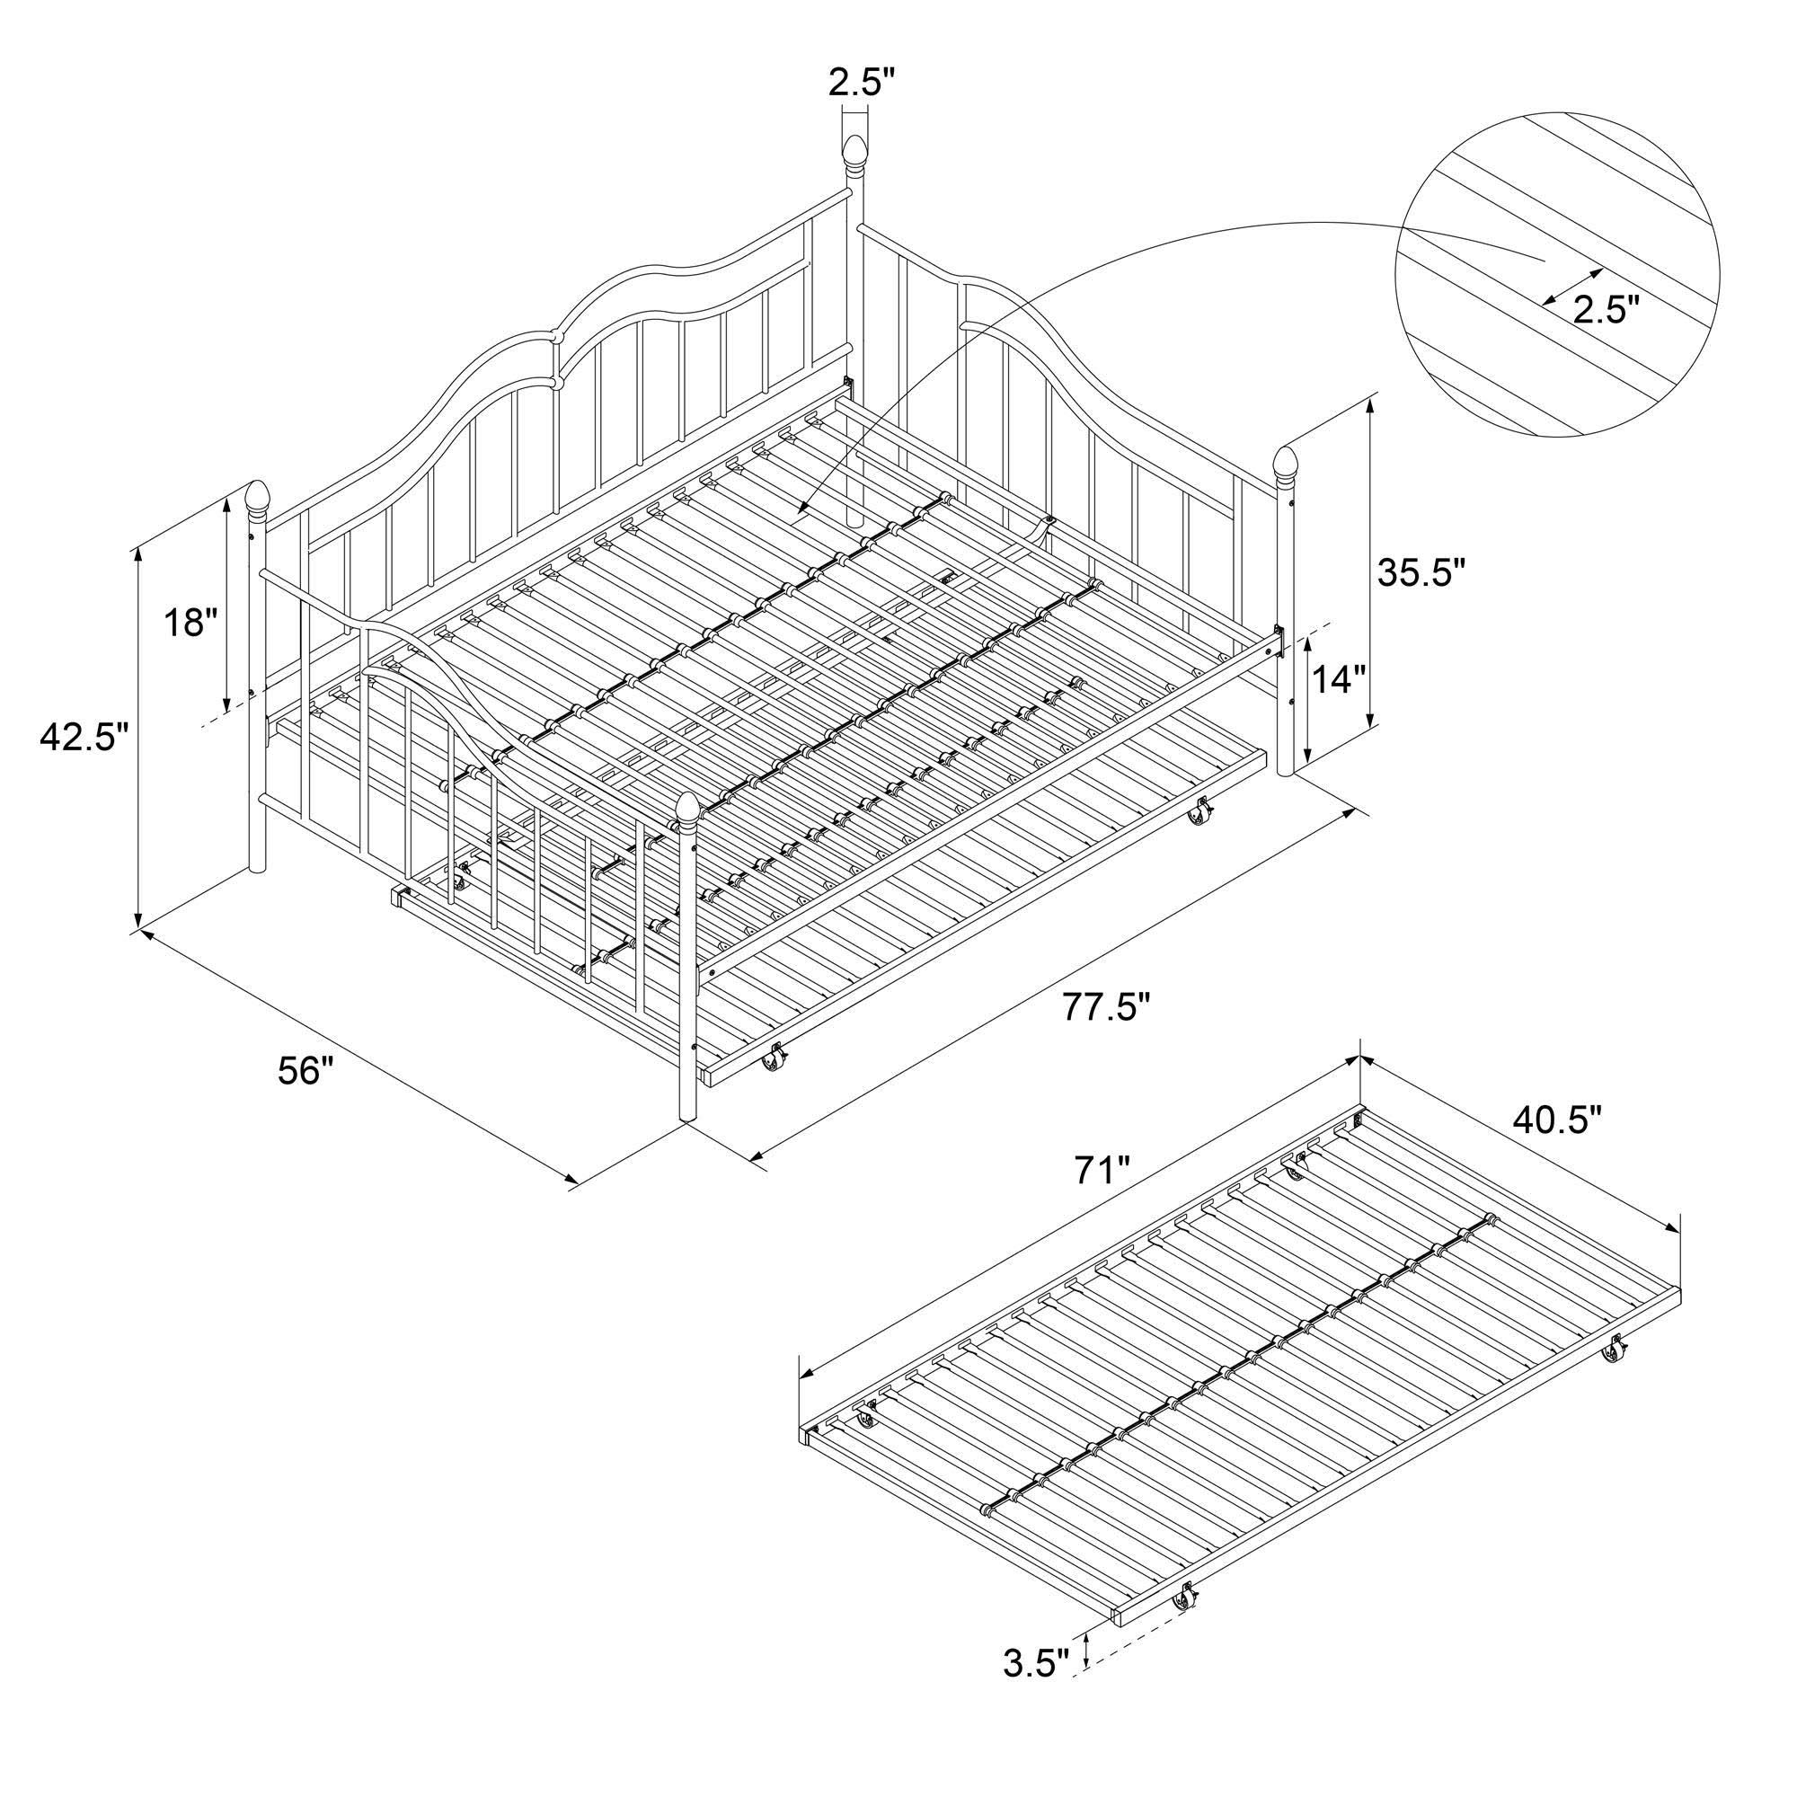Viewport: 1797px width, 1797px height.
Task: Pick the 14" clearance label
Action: pyautogui.click(x=1341, y=680)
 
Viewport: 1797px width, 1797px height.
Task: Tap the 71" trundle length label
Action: pyautogui.click(x=1102, y=1171)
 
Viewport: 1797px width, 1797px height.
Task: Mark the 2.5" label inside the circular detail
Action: pyautogui.click(x=1606, y=308)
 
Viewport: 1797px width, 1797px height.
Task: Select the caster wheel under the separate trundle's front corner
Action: pyautogui.click(x=1186, y=1622)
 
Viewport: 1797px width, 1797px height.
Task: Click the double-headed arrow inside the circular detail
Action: pyautogui.click(x=1571, y=287)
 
